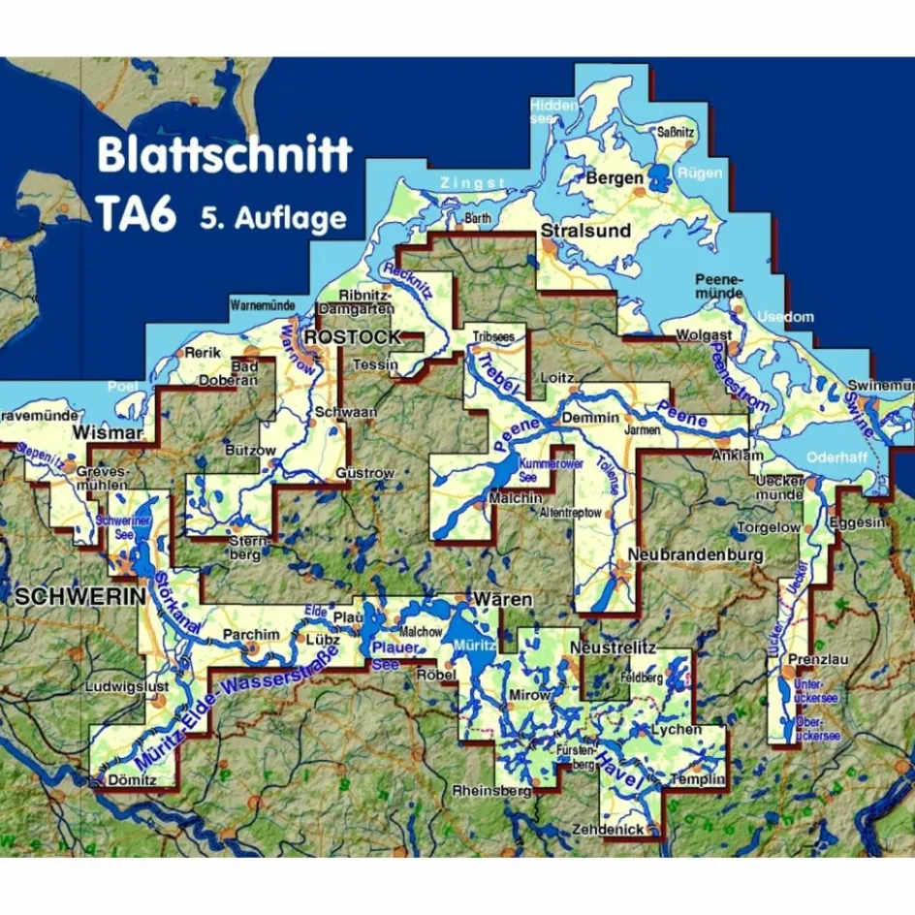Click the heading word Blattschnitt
click(x=224, y=156)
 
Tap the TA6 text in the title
click(x=136, y=214)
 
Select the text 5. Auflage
click(x=273, y=218)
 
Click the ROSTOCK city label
click(x=353, y=337)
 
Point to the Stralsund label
click(x=585, y=232)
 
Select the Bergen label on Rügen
click(x=614, y=177)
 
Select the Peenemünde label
click(x=719, y=286)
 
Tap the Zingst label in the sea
click(x=473, y=183)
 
